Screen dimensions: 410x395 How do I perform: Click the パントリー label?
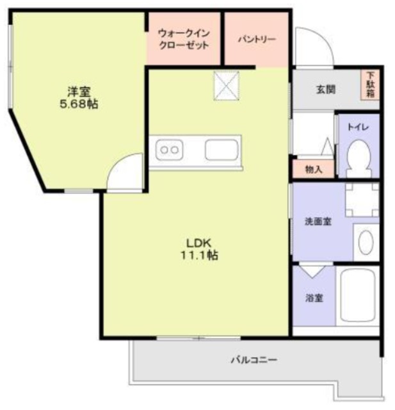click(x=257, y=39)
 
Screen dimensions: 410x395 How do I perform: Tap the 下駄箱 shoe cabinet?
click(x=370, y=83)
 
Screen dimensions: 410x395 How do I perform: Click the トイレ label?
click(x=356, y=127)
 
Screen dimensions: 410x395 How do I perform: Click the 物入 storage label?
click(x=313, y=170)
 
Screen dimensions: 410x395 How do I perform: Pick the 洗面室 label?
click(x=318, y=222)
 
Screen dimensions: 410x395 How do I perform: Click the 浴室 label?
click(x=313, y=298)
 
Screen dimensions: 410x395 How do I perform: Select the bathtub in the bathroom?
click(x=359, y=298)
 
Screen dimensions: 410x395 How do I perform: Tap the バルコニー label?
click(x=254, y=360)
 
